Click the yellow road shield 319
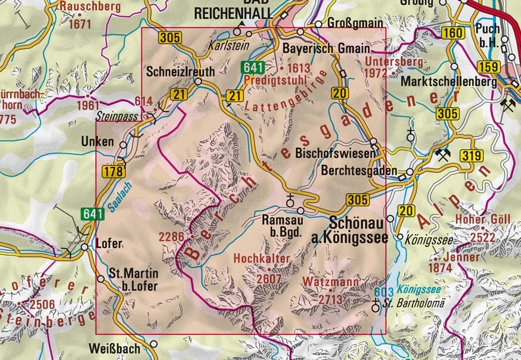click(470, 156)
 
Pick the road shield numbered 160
click(454, 33)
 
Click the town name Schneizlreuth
click(180, 71)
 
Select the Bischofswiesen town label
click(336, 153)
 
